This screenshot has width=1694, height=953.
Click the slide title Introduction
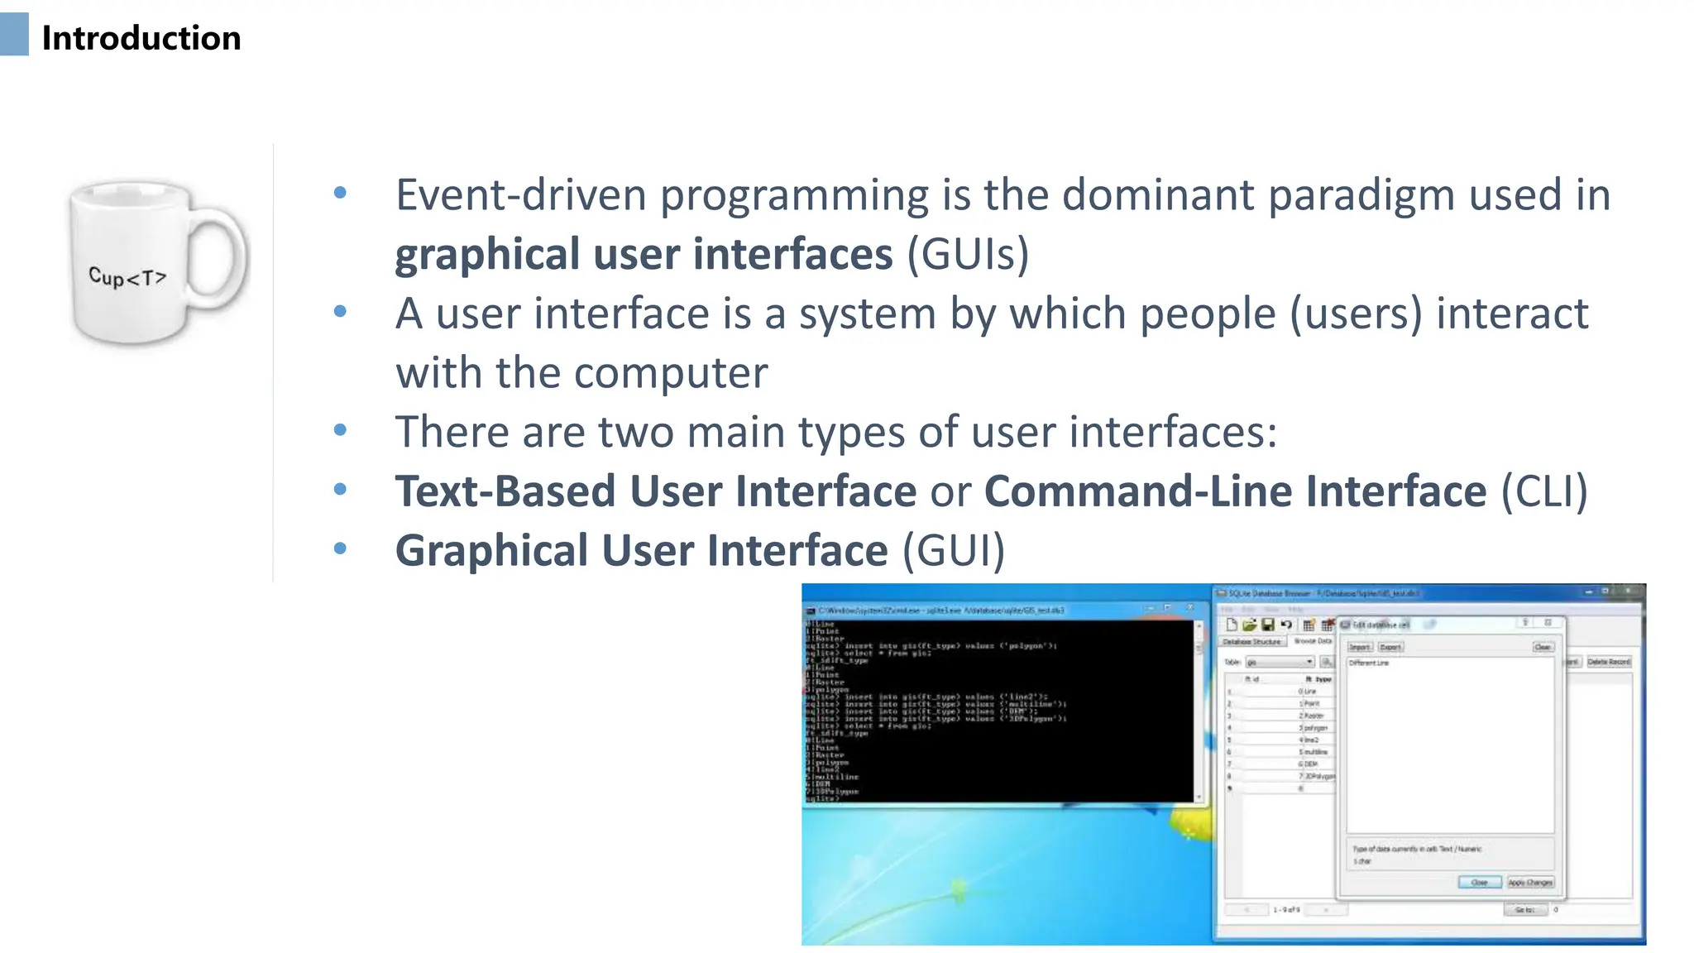[x=141, y=38]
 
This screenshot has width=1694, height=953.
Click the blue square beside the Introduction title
[x=14, y=35]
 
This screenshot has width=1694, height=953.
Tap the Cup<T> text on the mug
[x=127, y=277]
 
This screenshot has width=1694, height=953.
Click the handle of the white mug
[x=220, y=256]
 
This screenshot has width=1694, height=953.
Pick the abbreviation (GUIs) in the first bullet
[x=967, y=254]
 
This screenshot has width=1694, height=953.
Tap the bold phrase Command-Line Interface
[x=1235, y=491]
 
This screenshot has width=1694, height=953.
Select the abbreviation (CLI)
[x=1543, y=491]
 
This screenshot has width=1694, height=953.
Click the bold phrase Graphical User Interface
[x=641, y=551]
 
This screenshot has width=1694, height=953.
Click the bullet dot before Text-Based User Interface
[x=340, y=490]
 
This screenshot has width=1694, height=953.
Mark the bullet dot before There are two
[x=340, y=430]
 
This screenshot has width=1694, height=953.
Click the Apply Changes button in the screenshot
[x=1529, y=883]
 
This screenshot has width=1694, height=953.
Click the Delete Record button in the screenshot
[x=1608, y=662]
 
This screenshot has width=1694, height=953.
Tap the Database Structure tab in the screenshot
[x=1251, y=642]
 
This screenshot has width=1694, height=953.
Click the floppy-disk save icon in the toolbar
[x=1267, y=625]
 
